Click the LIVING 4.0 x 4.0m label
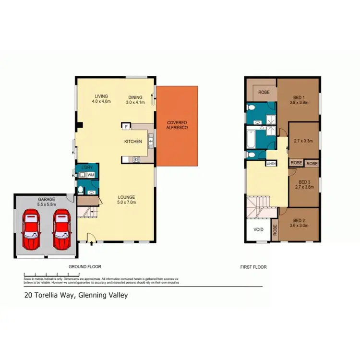click(101, 99)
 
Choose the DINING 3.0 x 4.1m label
click(135, 99)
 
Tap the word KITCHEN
click(133, 142)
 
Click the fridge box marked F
click(126, 127)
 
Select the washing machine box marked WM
click(91, 175)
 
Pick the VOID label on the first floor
click(259, 229)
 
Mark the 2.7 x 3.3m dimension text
click(303, 141)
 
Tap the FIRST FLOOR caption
click(253, 267)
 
